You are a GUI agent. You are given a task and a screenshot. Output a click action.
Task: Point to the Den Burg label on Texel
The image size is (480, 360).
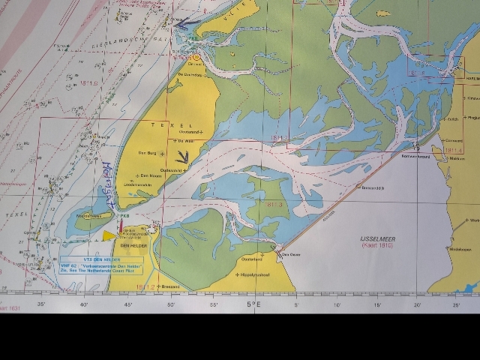[147, 153]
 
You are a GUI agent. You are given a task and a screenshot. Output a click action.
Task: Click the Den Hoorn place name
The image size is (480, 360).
[151, 175]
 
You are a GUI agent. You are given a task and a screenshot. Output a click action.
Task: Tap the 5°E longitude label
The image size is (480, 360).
[254, 305]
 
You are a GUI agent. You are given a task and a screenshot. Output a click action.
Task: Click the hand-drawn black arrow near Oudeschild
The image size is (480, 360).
[180, 155]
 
